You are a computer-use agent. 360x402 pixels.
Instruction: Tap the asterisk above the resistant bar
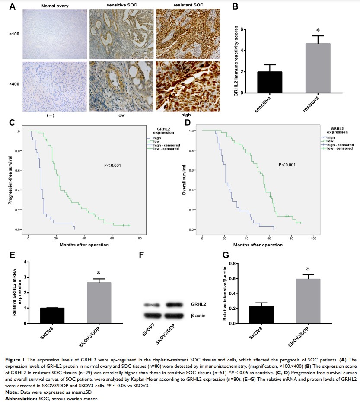pyautogui.click(x=318, y=31)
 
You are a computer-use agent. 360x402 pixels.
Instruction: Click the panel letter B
pyautogui.click(x=235, y=6)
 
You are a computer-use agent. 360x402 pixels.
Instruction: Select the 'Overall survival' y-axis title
pyautogui.click(x=184, y=180)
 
